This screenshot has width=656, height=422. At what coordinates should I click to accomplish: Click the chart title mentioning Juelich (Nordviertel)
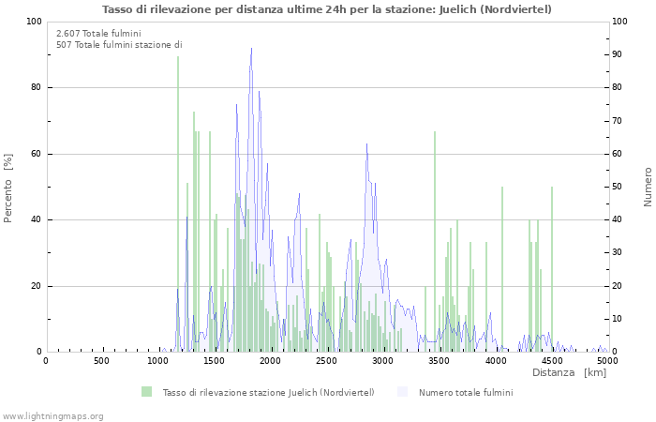point(327,9)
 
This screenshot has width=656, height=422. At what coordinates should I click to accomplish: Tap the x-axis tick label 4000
point(495,361)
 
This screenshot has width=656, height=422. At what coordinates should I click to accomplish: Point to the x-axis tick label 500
point(101,361)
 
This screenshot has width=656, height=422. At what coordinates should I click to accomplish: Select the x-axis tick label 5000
point(607,361)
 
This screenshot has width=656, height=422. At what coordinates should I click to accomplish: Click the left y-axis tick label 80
point(34,88)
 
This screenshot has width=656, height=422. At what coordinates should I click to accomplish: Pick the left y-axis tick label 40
point(34,220)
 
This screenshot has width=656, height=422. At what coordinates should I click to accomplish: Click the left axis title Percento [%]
point(9,188)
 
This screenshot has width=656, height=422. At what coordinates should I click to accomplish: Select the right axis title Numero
point(648,187)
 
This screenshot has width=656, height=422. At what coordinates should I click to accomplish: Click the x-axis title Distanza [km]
point(569,373)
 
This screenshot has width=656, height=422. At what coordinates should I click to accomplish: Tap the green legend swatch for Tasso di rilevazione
point(146,392)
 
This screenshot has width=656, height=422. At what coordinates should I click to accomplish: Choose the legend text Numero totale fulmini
point(466,392)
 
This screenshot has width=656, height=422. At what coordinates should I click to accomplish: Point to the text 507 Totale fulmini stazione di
point(119,45)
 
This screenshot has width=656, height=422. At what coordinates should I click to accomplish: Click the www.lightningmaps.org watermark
point(53,415)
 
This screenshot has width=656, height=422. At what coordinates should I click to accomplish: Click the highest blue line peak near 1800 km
point(251,49)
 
